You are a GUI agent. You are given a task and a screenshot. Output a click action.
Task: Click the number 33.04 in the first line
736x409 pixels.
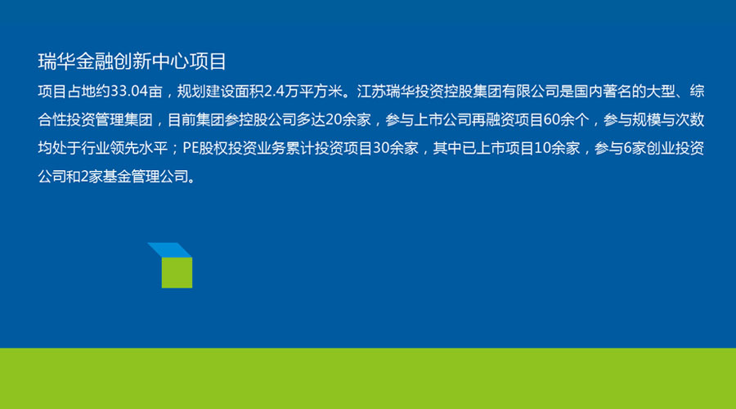pyautogui.click(x=129, y=91)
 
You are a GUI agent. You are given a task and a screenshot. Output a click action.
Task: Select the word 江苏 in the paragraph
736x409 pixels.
pyautogui.click(x=371, y=91)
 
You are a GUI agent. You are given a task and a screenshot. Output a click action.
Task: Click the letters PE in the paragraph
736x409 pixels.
pyautogui.click(x=190, y=148)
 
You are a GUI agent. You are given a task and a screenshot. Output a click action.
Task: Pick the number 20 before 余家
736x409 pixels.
pyautogui.click(x=334, y=119)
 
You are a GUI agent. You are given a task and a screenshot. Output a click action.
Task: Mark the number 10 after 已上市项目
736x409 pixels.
pyautogui.click(x=543, y=148)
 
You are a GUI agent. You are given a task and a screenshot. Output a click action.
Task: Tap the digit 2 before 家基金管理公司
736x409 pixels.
pyautogui.click(x=84, y=177)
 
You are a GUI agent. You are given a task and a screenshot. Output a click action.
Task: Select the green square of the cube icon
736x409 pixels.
pyautogui.click(x=177, y=273)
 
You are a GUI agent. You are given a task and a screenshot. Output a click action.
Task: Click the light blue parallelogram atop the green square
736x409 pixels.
pyautogui.click(x=170, y=249)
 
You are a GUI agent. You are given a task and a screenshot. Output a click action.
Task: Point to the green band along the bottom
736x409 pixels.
pyautogui.click(x=368, y=379)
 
